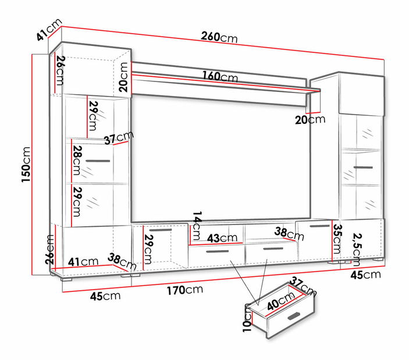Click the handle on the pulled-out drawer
(x=294, y=316)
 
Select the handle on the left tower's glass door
(x=98, y=160)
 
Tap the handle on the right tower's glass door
(x=363, y=167)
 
